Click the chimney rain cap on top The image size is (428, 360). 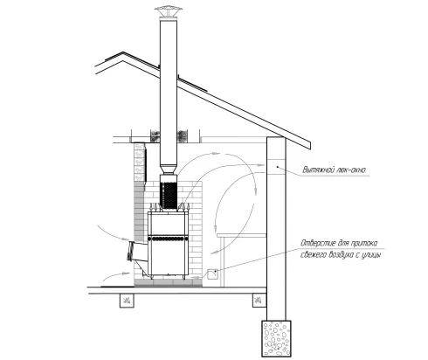click(x=169, y=11)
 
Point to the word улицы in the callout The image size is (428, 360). click(x=371, y=255)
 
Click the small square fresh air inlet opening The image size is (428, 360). click(x=212, y=274)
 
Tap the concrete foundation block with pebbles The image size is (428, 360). click(x=276, y=338)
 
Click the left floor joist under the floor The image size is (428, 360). click(x=127, y=301)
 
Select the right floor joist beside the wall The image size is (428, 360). click(x=259, y=301)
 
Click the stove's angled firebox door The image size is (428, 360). click(x=131, y=251)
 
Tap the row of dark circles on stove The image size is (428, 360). click(x=168, y=239)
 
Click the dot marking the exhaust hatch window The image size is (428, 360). click(x=278, y=167)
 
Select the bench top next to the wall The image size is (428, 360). click(x=241, y=235)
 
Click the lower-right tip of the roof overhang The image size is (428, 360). click(x=310, y=149)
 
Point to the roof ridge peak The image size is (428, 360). click(x=123, y=52)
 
